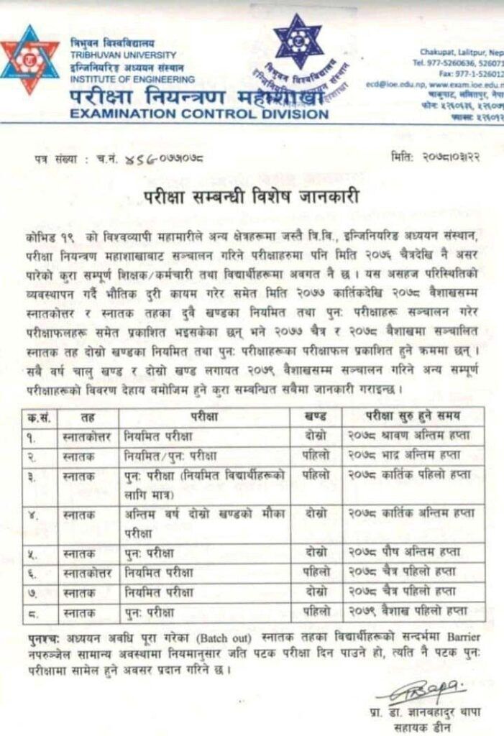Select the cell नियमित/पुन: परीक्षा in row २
tap(170, 455)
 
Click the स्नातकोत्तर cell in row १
tap(89, 436)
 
